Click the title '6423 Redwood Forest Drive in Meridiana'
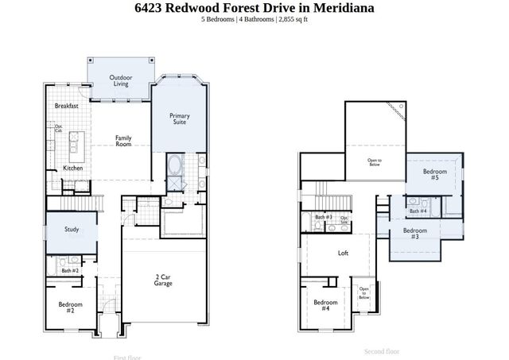tap(254, 8)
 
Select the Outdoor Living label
tap(121, 80)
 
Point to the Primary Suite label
tap(180, 119)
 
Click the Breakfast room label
tap(66, 106)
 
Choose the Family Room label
tap(123, 141)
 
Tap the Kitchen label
tap(73, 168)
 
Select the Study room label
tap(72, 230)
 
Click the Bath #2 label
tap(70, 271)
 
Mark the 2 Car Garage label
tap(163, 280)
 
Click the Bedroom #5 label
tap(434, 175)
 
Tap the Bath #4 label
tap(418, 211)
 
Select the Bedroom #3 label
tap(414, 233)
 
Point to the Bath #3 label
tap(323, 217)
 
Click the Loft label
tap(343, 254)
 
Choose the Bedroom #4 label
tap(325, 305)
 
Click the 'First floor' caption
tap(127, 357)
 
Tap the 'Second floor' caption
tap(382, 350)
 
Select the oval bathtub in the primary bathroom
tap(175, 168)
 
